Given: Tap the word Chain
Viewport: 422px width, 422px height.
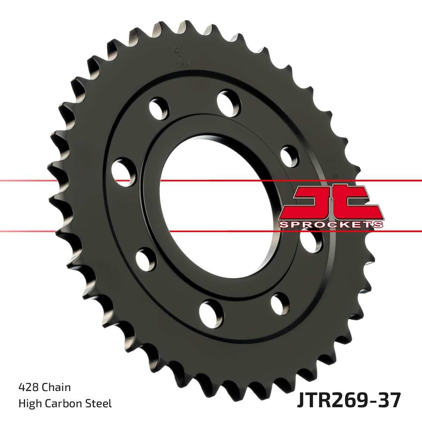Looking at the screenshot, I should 56,387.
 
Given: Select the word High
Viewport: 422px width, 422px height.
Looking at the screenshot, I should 30,403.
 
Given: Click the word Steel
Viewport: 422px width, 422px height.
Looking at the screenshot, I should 101,403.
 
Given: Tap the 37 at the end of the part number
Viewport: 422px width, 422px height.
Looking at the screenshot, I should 390,401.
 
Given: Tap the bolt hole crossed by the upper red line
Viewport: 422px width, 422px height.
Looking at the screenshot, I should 124,172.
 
